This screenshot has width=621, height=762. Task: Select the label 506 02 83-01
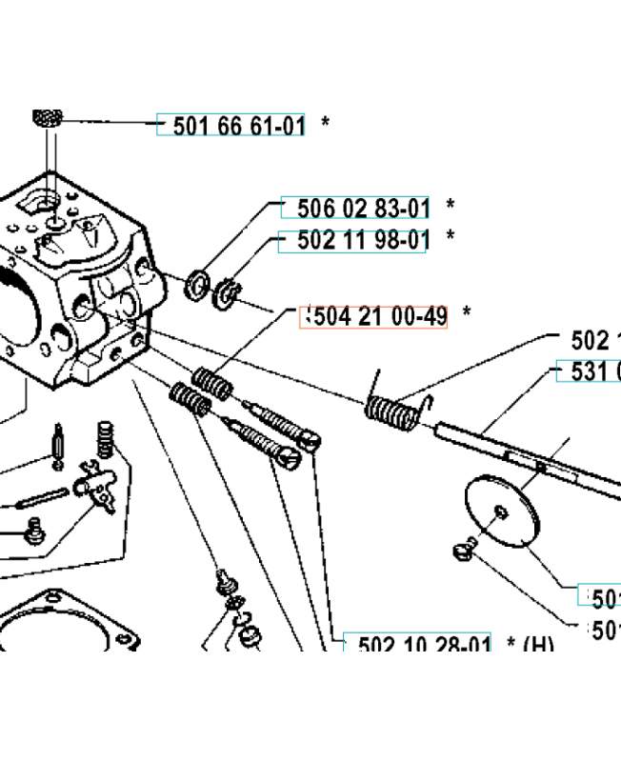coord(363,208)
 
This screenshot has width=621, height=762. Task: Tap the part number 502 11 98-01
coord(353,242)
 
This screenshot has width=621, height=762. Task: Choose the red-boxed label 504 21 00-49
coord(373,316)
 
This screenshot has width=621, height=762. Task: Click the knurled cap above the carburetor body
coord(47,120)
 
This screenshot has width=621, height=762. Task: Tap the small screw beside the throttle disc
coord(463,550)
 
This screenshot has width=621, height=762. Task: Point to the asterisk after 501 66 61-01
coord(326,124)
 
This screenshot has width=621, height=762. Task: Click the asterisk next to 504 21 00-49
coord(467,313)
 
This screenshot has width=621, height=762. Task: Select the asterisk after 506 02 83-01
coord(450,206)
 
